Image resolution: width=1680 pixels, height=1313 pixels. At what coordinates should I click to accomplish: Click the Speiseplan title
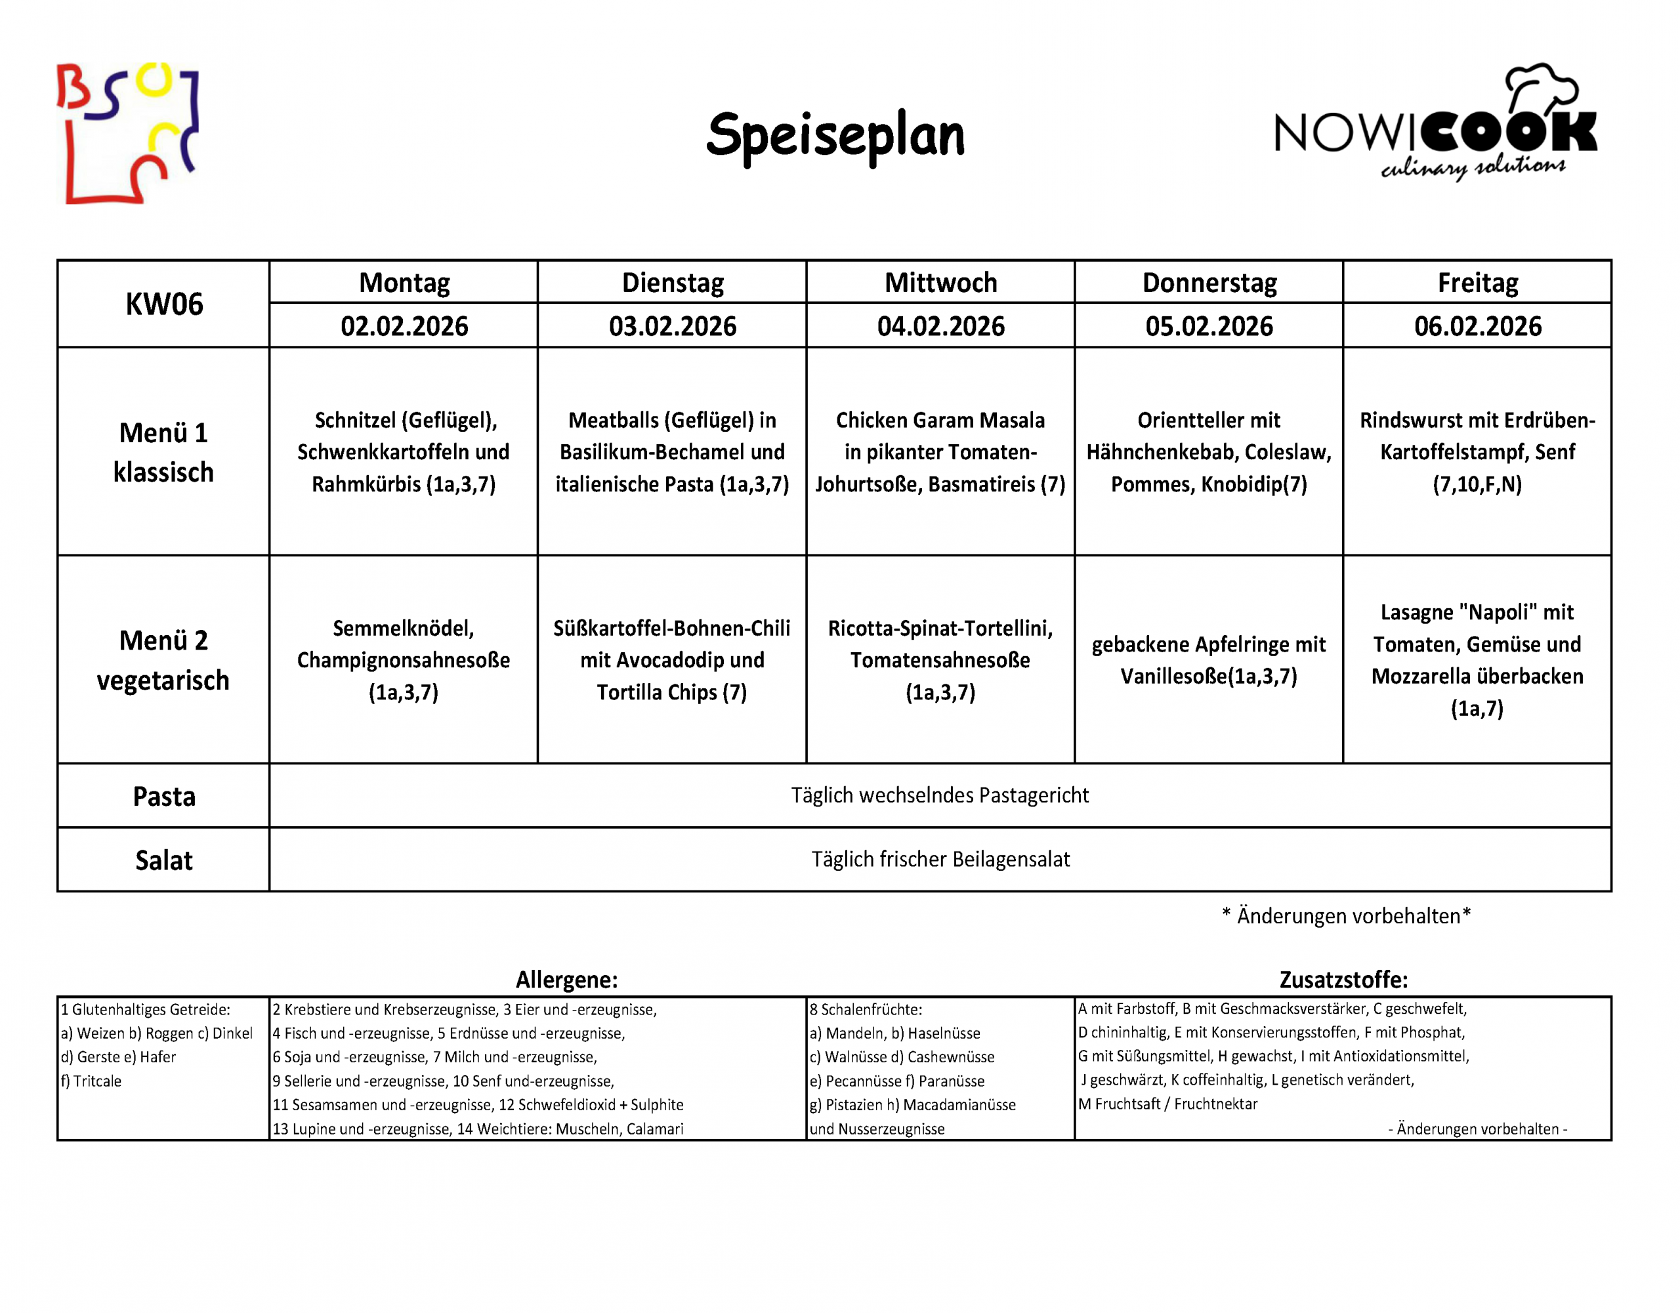tap(835, 135)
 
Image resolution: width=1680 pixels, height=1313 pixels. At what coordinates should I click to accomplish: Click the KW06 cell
tap(164, 304)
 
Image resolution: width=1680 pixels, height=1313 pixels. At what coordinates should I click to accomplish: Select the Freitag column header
tap(1477, 283)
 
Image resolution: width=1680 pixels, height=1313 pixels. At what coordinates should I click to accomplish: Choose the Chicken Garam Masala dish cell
tap(940, 452)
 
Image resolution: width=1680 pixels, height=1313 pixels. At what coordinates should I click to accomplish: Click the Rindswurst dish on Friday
tap(1477, 452)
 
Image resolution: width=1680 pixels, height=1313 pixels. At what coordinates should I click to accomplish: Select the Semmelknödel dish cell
tap(403, 660)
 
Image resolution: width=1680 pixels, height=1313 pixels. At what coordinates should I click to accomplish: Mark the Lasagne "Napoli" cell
tap(1477, 660)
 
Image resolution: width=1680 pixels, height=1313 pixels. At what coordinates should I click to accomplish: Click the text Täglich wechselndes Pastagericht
tap(939, 795)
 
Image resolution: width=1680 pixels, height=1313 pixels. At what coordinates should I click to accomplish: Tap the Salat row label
tap(164, 860)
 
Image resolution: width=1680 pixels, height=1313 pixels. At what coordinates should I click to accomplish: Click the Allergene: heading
tap(566, 979)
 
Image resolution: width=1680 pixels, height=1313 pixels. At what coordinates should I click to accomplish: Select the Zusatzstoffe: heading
tap(1343, 979)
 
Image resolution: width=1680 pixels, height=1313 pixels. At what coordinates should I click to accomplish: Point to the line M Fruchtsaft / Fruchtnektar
tap(1167, 1104)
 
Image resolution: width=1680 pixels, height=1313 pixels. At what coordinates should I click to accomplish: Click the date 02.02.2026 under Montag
tap(404, 326)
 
